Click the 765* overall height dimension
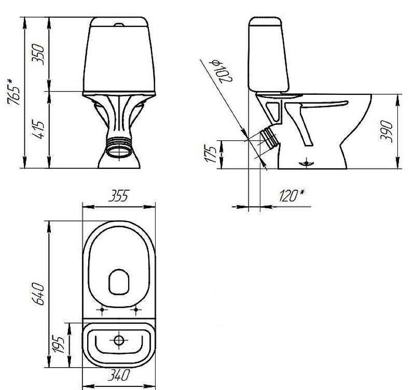coord(14,92)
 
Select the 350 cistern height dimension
coord(38,54)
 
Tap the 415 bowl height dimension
coord(38,131)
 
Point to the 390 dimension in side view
coord(386,132)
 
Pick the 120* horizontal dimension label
coord(292,196)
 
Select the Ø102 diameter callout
coord(222,70)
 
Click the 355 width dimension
coord(119,196)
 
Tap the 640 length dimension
coord(38,294)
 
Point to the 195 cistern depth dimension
coord(58,344)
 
